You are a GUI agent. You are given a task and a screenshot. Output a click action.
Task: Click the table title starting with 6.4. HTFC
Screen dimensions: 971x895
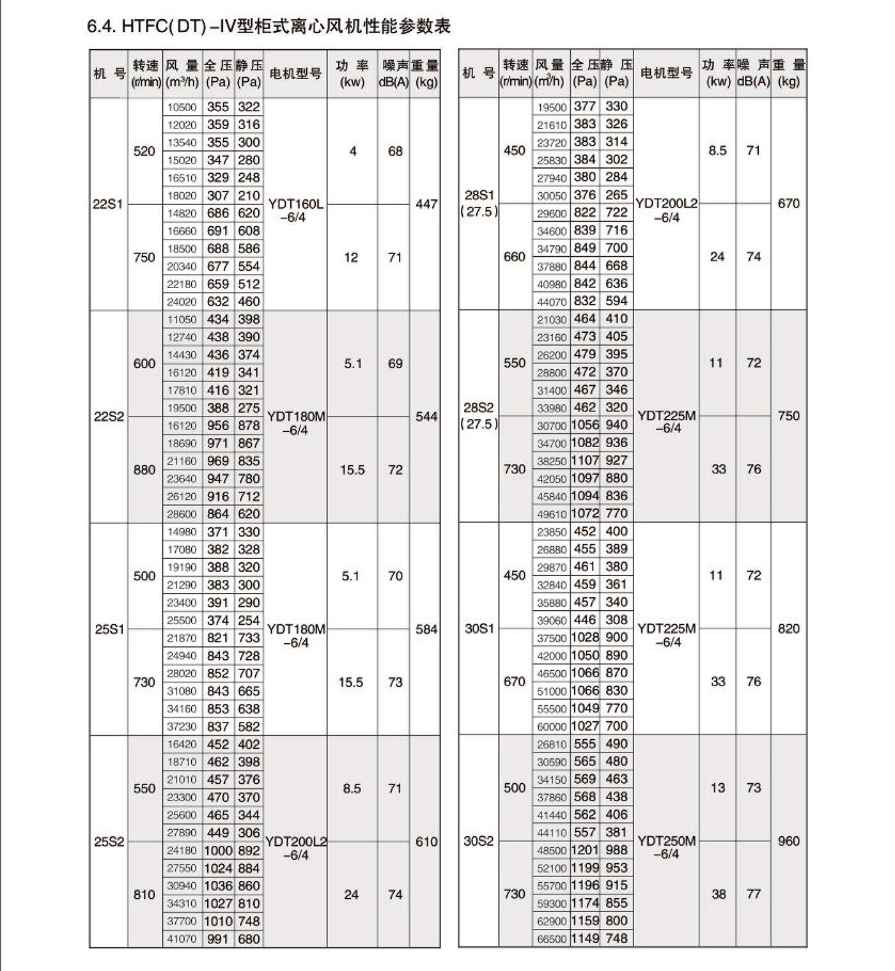pos(268,26)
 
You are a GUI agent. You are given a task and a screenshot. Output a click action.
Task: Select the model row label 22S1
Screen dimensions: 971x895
pos(107,204)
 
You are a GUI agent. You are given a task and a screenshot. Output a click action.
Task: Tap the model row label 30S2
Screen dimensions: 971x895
pos(478,841)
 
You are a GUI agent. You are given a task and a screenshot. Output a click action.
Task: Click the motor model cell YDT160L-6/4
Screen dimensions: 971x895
pos(295,211)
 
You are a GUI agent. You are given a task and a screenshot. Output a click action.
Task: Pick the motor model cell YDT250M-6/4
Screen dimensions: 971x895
pos(666,847)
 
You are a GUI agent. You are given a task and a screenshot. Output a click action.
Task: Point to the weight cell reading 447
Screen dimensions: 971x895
pos(426,204)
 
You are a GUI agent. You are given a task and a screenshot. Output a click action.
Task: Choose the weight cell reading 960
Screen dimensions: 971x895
pos(788,841)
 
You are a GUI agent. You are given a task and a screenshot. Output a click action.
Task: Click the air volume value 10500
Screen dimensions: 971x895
pos(182,107)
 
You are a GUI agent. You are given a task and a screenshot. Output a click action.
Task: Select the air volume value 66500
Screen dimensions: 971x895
pos(552,939)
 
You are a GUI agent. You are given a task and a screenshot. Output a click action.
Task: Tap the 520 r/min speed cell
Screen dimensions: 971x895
pos(144,151)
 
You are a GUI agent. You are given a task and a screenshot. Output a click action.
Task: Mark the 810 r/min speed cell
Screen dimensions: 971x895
pos(144,894)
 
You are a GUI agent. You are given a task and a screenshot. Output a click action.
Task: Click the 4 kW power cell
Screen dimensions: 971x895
pos(352,151)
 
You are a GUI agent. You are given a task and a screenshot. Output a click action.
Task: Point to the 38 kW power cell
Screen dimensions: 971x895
pos(719,894)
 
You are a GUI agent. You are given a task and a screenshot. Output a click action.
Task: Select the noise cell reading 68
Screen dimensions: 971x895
pos(395,151)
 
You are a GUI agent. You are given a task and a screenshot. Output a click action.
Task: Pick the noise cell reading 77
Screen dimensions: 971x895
pos(754,894)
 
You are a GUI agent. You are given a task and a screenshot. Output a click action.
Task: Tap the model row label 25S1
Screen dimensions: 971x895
pos(109,629)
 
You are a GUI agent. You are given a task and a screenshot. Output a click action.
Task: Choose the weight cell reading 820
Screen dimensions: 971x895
pos(788,629)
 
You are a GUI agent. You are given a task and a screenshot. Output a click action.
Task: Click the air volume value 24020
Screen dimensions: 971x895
pos(182,302)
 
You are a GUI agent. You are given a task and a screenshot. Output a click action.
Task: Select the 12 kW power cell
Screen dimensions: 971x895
pos(351,257)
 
